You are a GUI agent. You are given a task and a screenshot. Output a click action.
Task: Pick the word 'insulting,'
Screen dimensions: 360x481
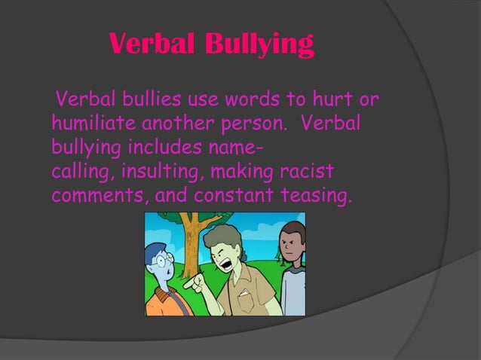158,172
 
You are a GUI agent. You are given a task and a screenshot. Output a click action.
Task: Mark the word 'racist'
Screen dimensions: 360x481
301,172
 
